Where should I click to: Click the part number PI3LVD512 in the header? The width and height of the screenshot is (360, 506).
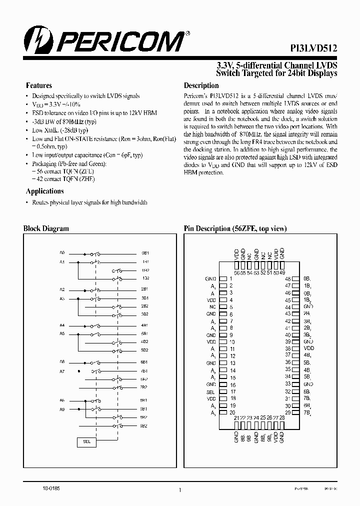(x=313, y=48)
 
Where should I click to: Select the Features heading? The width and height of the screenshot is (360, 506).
(x=39, y=85)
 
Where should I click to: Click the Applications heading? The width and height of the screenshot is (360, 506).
(x=44, y=191)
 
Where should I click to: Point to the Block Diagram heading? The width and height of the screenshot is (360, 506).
(x=46, y=228)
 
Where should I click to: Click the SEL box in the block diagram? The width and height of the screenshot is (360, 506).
(x=86, y=442)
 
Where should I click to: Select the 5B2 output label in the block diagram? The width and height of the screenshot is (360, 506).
(x=144, y=350)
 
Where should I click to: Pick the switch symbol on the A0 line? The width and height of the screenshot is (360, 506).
(x=95, y=253)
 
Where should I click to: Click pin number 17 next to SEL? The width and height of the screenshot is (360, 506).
(x=232, y=392)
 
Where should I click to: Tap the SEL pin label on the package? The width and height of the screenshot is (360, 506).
(x=210, y=391)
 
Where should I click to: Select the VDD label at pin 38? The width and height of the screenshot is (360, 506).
(x=309, y=348)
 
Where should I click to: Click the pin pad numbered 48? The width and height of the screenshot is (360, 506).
(x=295, y=278)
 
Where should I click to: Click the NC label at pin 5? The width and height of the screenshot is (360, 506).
(x=212, y=307)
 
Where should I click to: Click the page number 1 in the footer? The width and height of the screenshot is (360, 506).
(x=179, y=490)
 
